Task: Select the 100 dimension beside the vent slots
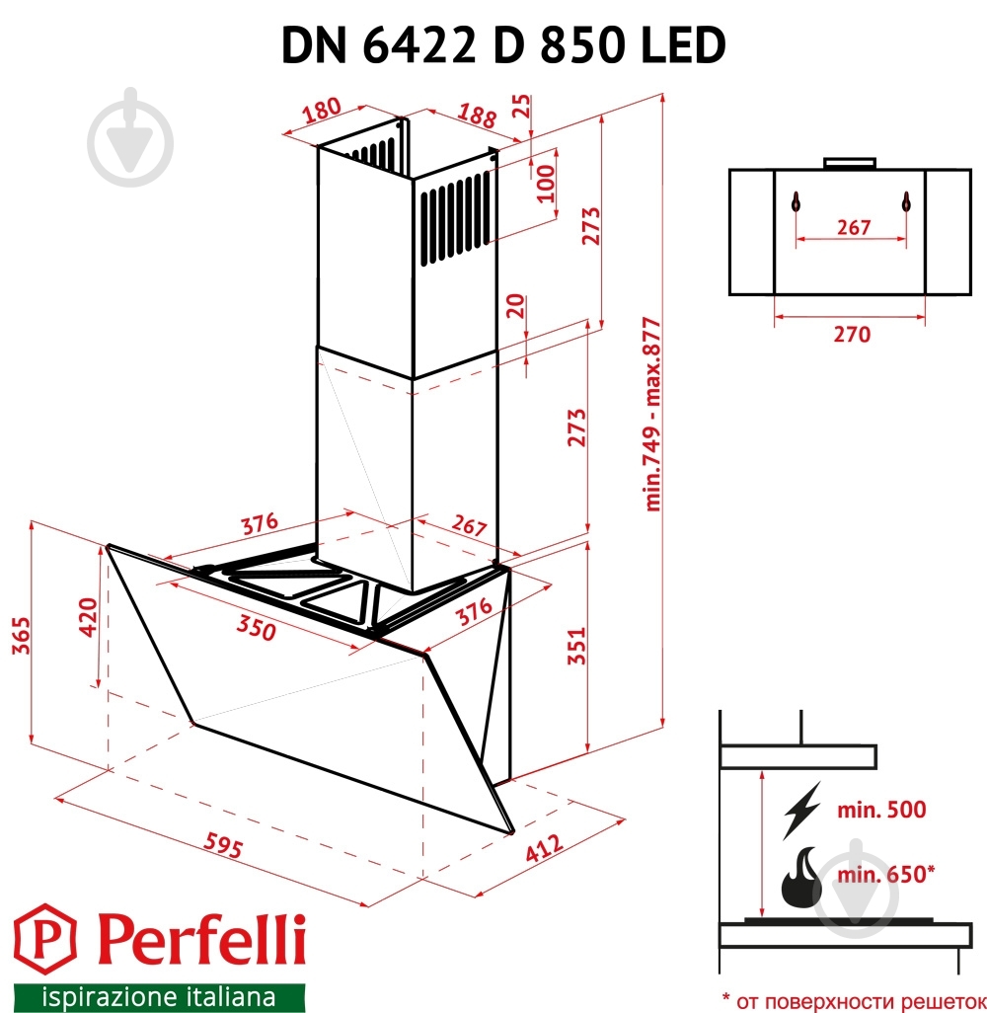[x=546, y=182]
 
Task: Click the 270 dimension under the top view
[x=851, y=335]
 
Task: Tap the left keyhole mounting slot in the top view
[x=796, y=202]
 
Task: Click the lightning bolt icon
[x=801, y=810]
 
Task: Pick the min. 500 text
[x=881, y=810]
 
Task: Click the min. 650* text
[x=885, y=874]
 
